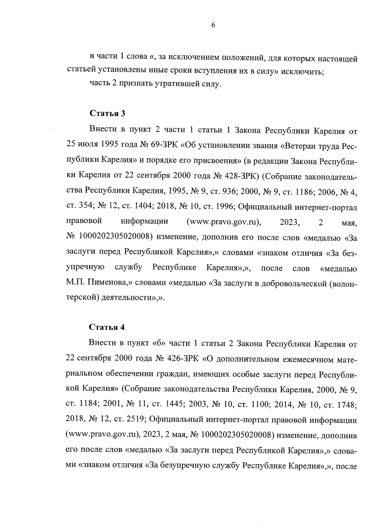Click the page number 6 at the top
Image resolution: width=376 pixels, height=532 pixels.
[x=213, y=26]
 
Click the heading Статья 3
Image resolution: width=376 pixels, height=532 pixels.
[x=107, y=113]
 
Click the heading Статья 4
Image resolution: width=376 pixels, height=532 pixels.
[x=107, y=327]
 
